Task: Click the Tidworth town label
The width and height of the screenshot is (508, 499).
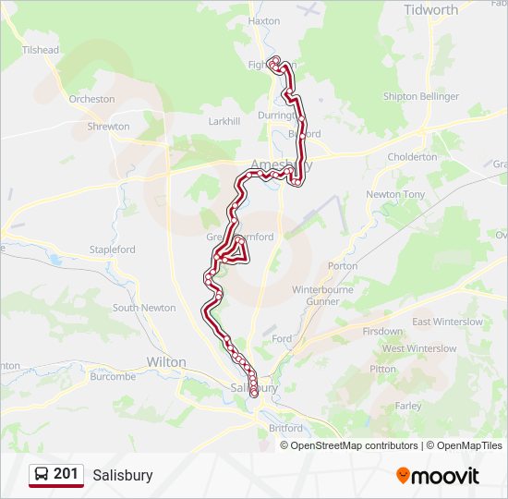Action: click(430, 10)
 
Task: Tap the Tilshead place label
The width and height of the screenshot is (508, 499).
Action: click(40, 50)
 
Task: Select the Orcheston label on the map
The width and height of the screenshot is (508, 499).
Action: click(91, 99)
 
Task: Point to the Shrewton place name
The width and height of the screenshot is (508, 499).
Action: click(108, 127)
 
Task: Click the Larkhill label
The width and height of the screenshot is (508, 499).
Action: click(224, 121)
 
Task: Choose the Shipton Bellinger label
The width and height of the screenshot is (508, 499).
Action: click(420, 96)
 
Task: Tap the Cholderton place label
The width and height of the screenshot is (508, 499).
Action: click(413, 157)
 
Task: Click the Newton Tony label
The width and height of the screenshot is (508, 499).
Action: click(395, 195)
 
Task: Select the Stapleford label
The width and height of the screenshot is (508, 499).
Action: click(113, 249)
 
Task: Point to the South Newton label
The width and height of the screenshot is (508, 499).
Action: click(144, 308)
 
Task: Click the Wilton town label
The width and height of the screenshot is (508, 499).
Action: click(166, 362)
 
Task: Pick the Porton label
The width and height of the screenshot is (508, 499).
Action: click(343, 266)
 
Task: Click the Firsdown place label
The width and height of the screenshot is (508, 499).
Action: click(382, 331)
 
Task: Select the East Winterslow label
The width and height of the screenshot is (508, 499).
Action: click(447, 322)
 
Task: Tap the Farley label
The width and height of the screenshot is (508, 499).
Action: click(407, 406)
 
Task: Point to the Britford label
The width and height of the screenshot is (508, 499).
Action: click(285, 429)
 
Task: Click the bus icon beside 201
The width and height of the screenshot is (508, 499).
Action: click(42, 475)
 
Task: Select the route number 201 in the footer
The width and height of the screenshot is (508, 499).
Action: click(66, 474)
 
